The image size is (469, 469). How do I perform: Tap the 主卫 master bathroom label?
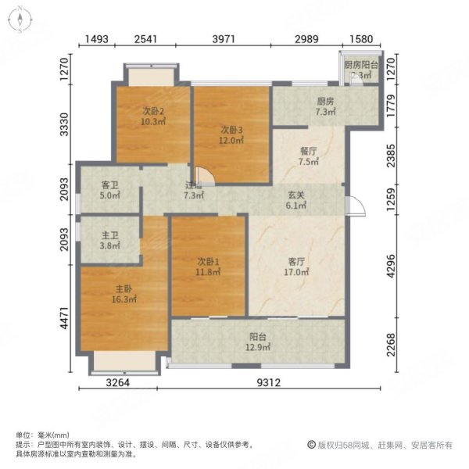coord(109,236)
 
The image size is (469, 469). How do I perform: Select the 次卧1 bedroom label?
coord(208,267)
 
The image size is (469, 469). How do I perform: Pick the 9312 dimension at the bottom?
coord(254,383)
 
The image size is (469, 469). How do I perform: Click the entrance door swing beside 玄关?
coord(354,202)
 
